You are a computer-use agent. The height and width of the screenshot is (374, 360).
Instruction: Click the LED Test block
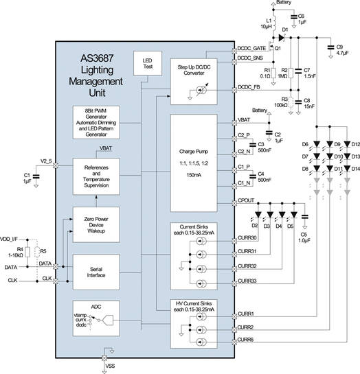(x=146, y=66)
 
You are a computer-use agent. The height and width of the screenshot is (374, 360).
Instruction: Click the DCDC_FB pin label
(x=250, y=86)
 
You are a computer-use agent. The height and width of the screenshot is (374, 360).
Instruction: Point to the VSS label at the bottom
(x=111, y=366)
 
